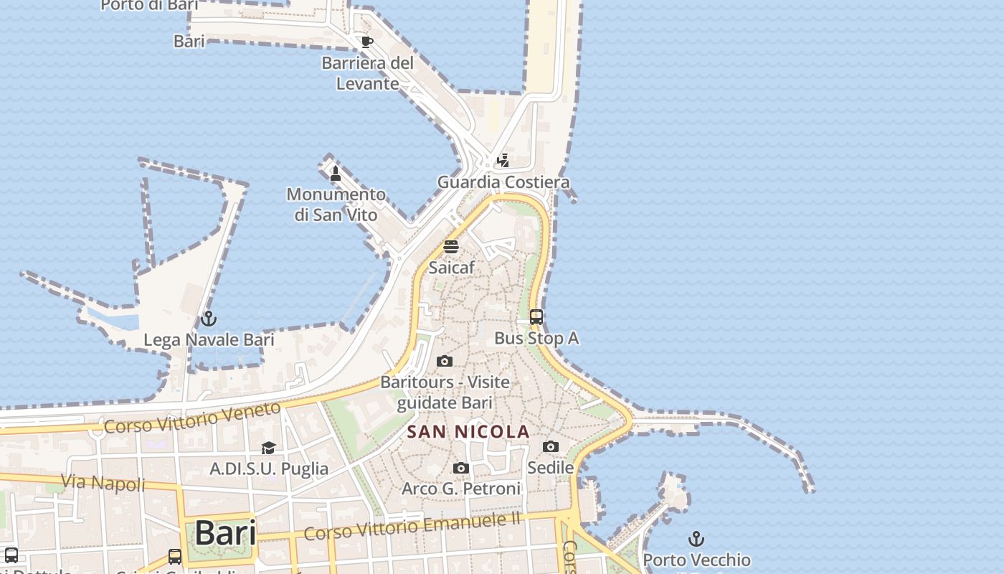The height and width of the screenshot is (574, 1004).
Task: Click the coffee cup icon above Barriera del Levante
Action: pyautogui.click(x=366, y=42)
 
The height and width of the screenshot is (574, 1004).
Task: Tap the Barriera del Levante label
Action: pyautogui.click(x=368, y=73)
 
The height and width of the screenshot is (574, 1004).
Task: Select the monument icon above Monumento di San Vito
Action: pyautogui.click(x=335, y=173)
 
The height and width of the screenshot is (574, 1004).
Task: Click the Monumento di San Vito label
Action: pyautogui.click(x=336, y=204)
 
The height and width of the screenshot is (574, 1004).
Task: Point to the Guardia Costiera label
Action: pyautogui.click(x=503, y=182)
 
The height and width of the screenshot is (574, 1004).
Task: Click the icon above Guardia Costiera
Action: pyautogui.click(x=503, y=160)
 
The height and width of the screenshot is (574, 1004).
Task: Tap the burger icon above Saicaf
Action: pyautogui.click(x=451, y=247)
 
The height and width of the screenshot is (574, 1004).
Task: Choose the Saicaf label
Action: pyautogui.click(x=451, y=268)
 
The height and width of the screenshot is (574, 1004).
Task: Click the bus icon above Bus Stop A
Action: pyautogui.click(x=536, y=316)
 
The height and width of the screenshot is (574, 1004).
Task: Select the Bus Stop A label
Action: pyautogui.click(x=536, y=338)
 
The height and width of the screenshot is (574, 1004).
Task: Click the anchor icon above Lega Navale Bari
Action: pyautogui.click(x=209, y=318)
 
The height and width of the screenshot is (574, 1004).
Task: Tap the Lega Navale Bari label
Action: pyautogui.click(x=209, y=339)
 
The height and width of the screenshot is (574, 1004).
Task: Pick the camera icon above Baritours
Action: pyautogui.click(x=445, y=361)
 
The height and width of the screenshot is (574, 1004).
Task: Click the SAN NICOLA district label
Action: pyautogui.click(x=468, y=432)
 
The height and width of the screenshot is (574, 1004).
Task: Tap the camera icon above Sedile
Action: pyautogui.click(x=551, y=446)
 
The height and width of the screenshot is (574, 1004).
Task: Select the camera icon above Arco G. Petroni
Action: pyautogui.click(x=461, y=468)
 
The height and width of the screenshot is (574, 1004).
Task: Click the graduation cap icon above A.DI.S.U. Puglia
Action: pyautogui.click(x=268, y=448)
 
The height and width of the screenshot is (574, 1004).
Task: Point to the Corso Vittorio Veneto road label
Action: pyautogui.click(x=192, y=418)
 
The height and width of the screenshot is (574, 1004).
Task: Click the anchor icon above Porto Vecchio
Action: pyautogui.click(x=696, y=538)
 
